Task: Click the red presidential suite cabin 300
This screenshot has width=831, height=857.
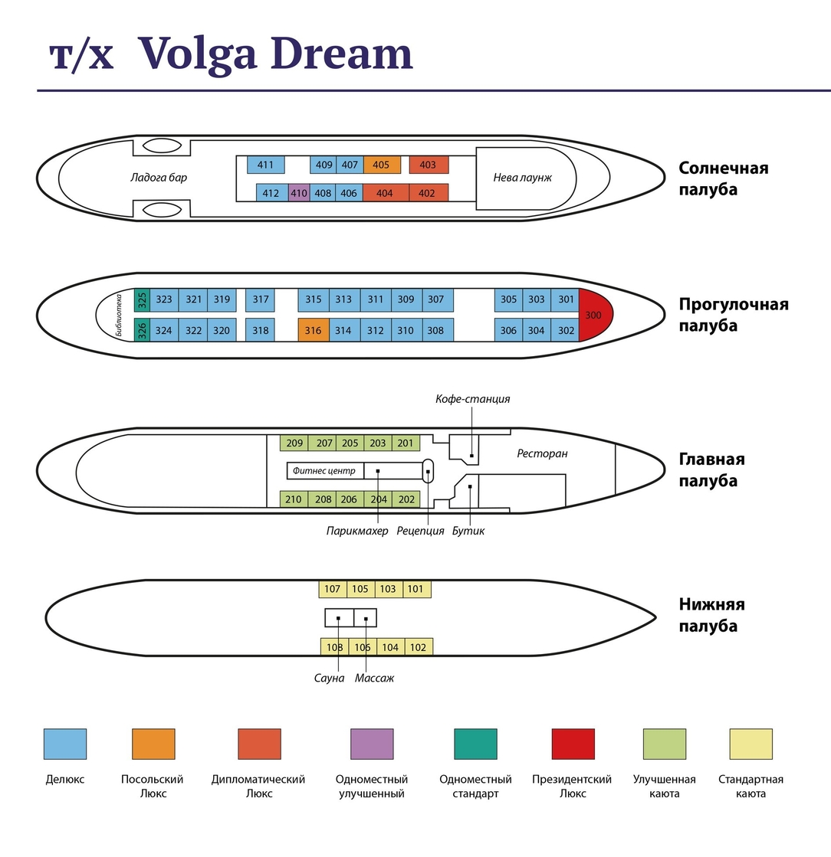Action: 595,315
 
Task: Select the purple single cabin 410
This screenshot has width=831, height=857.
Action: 299,193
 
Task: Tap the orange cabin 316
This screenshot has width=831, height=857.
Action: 314,330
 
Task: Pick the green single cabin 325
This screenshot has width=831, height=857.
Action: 143,299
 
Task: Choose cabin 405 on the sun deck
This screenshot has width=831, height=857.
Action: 382,165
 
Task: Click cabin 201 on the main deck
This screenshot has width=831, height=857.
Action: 406,443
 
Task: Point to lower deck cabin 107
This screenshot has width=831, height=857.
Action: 333,589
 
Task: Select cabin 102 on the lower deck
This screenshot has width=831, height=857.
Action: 419,647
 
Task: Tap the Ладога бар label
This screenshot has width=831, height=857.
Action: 159,178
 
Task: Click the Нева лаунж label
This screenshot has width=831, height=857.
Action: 523,178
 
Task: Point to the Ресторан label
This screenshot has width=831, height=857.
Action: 542,453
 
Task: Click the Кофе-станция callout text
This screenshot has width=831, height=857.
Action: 473,399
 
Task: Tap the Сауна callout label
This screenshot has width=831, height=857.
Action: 330,679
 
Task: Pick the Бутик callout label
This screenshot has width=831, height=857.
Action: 468,531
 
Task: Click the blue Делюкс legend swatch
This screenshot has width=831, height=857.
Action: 65,744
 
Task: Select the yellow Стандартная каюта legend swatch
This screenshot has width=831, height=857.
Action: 751,744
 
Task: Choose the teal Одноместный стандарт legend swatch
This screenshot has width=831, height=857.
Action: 476,744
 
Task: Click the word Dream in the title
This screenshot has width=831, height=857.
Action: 342,54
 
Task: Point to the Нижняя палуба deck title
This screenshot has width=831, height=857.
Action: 711,615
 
